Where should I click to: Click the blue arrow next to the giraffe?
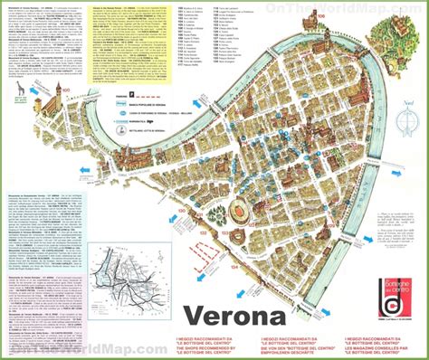point(33,91)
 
